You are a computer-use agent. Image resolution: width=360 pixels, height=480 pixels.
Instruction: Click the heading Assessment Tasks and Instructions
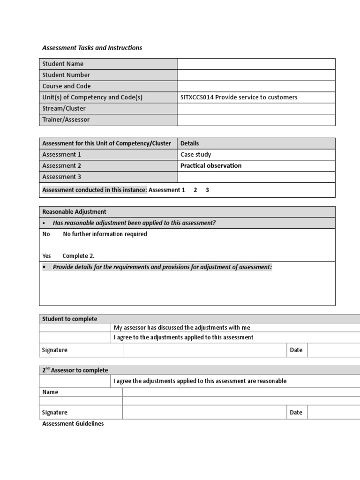point(92,48)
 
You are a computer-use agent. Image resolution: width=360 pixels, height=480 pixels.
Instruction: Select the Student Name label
point(63,64)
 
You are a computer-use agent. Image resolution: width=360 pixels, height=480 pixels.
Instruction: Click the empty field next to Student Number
point(255,75)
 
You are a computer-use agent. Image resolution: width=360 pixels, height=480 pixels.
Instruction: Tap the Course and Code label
point(67,86)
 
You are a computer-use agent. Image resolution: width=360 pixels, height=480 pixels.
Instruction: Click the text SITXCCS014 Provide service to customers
point(239,97)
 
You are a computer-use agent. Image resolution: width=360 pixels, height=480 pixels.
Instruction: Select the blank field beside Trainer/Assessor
point(255,120)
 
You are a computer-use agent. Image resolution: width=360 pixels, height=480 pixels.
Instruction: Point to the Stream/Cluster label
point(64,109)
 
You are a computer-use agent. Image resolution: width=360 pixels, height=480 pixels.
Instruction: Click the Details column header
point(189,143)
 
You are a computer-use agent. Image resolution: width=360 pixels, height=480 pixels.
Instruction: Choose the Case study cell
point(195,155)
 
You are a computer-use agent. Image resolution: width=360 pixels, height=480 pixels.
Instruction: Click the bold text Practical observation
point(211,165)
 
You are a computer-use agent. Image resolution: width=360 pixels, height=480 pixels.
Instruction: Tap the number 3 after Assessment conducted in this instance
point(207,190)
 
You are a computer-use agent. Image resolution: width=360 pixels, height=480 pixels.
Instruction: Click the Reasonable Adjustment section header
point(74,212)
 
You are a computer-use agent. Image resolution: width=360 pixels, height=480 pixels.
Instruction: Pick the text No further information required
point(105,234)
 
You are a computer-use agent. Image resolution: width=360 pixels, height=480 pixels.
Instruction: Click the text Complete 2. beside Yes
point(78,256)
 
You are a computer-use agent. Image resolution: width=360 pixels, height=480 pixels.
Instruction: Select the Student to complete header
point(70,319)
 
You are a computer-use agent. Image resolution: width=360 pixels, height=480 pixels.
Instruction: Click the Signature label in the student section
point(55,350)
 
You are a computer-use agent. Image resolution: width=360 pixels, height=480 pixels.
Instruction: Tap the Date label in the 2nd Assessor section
point(296,412)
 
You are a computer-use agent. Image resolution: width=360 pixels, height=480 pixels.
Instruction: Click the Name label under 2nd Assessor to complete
point(50,392)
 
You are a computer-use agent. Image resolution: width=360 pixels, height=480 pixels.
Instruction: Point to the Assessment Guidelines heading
point(73,424)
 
